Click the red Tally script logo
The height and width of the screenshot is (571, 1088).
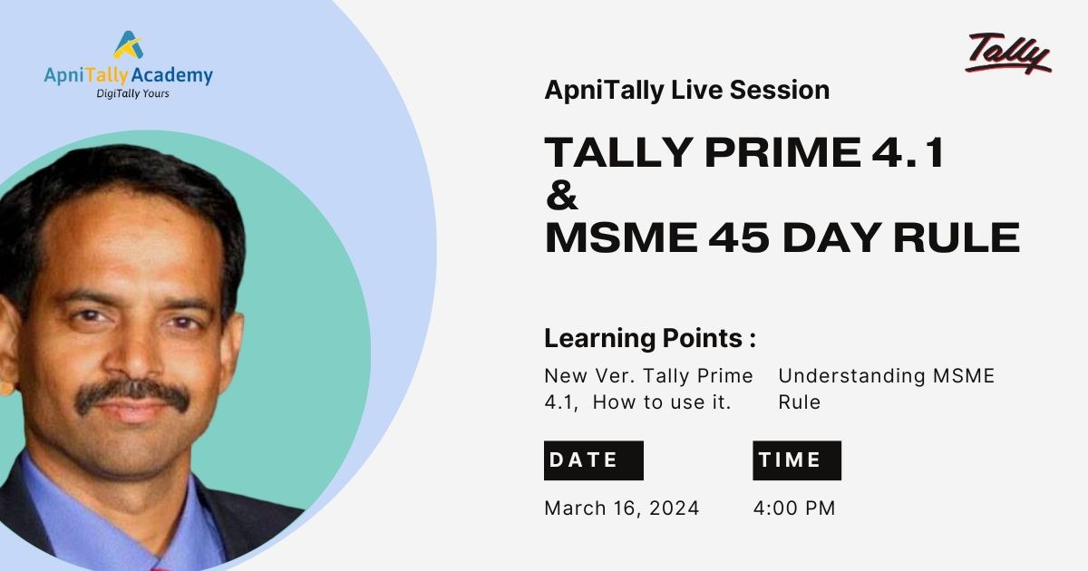1008,53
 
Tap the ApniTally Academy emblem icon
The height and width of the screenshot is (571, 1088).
129,44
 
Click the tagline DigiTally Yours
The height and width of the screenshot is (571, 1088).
132,93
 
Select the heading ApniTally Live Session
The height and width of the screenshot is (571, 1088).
687,91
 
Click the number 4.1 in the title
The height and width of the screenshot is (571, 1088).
908,152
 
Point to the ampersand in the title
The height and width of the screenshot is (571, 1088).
562,195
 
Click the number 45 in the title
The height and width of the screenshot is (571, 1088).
739,237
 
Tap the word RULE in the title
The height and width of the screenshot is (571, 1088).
957,237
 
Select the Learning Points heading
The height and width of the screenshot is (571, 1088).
650,338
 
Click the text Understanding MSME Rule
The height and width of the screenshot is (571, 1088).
887,389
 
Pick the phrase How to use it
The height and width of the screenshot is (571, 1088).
662,402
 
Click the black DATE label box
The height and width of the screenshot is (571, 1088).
594,460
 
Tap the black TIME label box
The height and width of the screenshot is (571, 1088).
797,460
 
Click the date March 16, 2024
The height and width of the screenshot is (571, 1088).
622,508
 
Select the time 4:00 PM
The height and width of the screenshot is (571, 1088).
794,508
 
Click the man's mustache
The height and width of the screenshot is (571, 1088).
132,393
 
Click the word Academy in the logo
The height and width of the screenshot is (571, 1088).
172,76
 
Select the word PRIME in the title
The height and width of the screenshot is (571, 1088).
782,152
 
